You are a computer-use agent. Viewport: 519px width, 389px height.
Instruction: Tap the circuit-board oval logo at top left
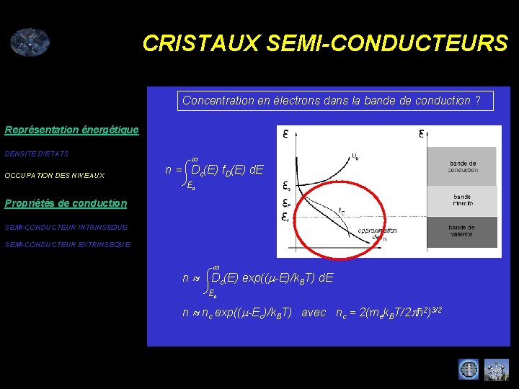(30, 43)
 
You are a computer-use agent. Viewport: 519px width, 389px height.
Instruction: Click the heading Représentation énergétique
(71, 130)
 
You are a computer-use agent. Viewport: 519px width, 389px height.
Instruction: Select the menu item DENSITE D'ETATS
(36, 153)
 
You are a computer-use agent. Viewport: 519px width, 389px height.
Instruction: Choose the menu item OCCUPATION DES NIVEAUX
(55, 175)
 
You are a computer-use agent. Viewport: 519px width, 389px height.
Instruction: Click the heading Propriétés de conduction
(66, 203)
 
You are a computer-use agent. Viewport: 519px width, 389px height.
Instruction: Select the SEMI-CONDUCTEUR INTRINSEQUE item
(66, 227)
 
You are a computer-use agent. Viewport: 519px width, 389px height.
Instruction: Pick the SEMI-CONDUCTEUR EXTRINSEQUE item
(68, 244)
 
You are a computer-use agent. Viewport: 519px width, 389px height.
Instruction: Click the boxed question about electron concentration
(336, 101)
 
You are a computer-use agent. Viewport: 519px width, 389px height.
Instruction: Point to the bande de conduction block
(463, 166)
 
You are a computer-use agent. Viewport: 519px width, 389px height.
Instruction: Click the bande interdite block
(463, 201)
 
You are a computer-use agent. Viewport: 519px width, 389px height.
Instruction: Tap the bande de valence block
(463, 231)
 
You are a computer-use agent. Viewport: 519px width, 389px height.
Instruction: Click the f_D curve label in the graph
(341, 211)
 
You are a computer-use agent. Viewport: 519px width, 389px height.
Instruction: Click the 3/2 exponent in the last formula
(436, 310)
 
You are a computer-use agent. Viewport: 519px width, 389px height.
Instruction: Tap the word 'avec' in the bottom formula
(314, 313)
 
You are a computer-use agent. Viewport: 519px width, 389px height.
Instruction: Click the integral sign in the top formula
(189, 170)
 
